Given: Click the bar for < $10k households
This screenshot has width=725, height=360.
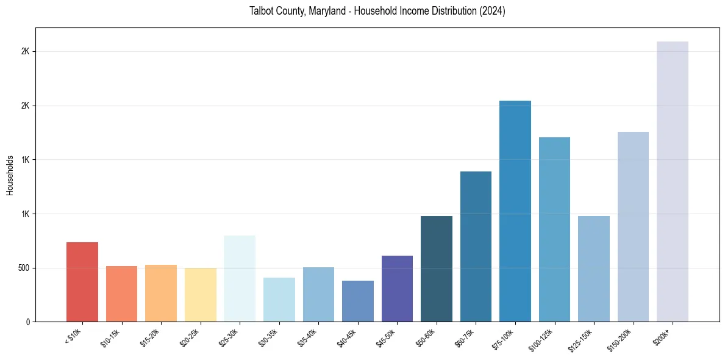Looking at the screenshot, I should point(82,282).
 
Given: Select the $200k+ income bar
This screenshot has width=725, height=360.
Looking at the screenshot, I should point(673,181).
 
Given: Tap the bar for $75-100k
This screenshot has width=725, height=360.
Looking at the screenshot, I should point(515,211).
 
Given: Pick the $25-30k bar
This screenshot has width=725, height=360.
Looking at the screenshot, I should point(240,278).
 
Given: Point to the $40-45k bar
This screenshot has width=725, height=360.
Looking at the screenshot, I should point(358,301).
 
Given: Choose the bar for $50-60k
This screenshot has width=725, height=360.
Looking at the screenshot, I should point(437,268).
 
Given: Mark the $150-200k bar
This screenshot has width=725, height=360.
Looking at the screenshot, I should point(633,226).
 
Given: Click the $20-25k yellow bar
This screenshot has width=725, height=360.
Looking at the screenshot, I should point(201,295).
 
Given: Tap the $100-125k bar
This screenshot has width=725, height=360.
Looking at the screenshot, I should point(554,229).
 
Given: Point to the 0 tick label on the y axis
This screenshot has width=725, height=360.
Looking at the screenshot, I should point(28,322).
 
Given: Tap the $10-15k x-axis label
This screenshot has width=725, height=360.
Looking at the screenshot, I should point(110,337).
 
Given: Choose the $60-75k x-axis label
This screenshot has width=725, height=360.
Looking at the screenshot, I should point(465,337).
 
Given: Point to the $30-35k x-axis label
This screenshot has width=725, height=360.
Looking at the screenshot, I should point(268,337).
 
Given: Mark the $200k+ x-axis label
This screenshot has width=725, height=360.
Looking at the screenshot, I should point(663,335).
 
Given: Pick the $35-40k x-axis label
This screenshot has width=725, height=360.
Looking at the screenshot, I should point(307,337).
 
